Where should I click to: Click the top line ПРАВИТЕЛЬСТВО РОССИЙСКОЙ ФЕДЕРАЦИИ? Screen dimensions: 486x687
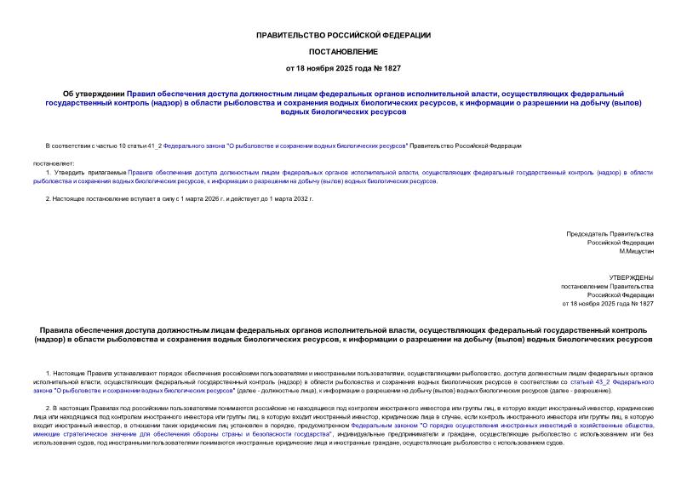point(343,35)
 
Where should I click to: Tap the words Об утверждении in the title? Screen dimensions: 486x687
point(94,93)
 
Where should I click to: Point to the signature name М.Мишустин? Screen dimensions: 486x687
point(636,252)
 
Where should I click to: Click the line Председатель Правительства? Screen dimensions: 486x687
point(610,233)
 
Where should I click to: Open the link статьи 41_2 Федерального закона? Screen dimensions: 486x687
point(154,146)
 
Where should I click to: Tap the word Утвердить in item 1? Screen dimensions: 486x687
point(72,172)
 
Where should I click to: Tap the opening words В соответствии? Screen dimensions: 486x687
point(66,146)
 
